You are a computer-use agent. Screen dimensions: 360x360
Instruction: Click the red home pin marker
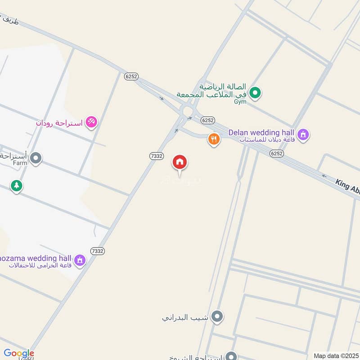[180, 162]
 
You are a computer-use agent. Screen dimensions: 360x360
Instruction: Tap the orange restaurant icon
[214, 139]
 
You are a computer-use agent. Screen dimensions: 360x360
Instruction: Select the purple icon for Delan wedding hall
[304, 134]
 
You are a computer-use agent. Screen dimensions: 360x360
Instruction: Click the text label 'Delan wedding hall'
[261, 132]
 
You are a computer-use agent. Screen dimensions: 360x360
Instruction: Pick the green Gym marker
[255, 93]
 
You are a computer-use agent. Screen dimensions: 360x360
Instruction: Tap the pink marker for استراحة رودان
[91, 122]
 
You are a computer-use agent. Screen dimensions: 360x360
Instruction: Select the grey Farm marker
[36, 158]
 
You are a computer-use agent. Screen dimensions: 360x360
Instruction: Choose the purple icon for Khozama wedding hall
[80, 260]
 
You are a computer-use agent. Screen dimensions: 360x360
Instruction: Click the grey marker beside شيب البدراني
[218, 317]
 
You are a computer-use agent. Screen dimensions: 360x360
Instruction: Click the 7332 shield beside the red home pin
[156, 156]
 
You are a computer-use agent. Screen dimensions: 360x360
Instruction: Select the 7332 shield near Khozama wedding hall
[97, 251]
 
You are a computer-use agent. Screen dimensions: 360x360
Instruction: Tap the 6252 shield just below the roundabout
[207, 120]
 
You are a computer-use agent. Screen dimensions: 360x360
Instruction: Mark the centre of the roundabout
[186, 110]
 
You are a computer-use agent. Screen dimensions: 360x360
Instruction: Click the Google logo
[19, 354]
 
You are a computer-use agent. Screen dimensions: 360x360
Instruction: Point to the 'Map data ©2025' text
[335, 355]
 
